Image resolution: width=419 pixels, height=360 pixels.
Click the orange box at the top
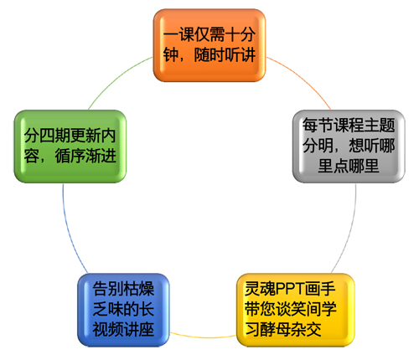click(209, 45)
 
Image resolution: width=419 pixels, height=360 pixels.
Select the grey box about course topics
click(349, 147)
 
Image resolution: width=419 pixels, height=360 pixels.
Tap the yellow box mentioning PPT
click(296, 310)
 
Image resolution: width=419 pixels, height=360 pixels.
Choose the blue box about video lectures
click(123, 310)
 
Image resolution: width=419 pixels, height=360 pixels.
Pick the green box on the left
click(70, 147)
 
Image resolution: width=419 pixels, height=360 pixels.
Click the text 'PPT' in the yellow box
click(290, 289)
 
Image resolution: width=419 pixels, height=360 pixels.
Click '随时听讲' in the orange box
click(225, 55)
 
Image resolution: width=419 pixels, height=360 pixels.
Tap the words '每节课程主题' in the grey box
click(349, 126)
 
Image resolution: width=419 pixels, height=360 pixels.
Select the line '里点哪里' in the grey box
click(349, 166)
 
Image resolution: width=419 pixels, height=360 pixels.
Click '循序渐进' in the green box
click(85, 156)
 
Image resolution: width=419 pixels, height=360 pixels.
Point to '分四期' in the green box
click(47, 136)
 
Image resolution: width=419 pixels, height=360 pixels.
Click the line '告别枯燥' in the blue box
click(123, 289)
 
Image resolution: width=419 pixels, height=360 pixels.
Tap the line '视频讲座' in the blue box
click(123, 330)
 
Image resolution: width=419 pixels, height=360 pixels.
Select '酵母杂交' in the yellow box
click(291, 330)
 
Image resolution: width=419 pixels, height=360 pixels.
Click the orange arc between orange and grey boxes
click(303, 79)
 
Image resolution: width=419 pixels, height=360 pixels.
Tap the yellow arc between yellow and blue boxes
click(203, 337)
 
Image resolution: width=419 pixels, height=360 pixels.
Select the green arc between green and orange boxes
click(116, 79)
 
